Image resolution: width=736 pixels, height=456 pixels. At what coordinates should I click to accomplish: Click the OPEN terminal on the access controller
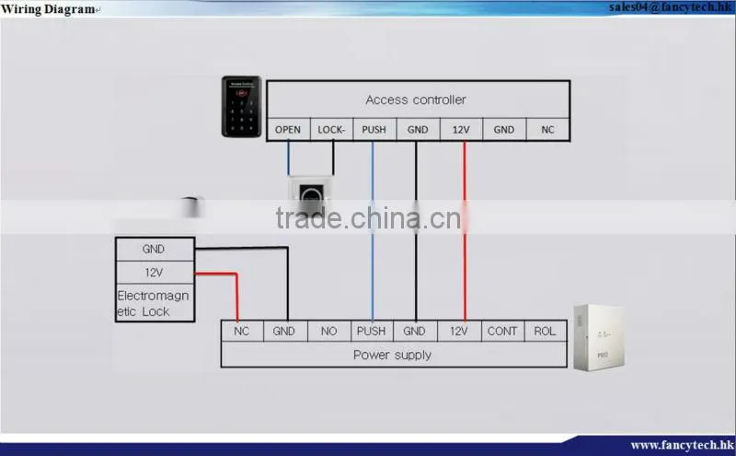pyautogui.click(x=288, y=129)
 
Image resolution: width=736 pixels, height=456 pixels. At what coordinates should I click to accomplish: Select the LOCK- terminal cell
pyautogui.click(x=331, y=129)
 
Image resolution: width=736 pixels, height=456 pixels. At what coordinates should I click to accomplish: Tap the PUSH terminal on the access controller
pyautogui.click(x=374, y=129)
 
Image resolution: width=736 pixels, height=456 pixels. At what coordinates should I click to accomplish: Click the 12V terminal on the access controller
pyautogui.click(x=461, y=129)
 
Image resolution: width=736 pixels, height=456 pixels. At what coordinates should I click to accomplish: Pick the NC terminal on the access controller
pyautogui.click(x=547, y=129)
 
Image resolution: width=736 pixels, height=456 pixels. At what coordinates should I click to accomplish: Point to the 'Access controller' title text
pyautogui.click(x=416, y=99)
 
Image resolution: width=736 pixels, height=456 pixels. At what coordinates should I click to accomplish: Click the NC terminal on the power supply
pyautogui.click(x=242, y=331)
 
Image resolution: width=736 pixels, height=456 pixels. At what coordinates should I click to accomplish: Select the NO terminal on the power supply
pyautogui.click(x=329, y=331)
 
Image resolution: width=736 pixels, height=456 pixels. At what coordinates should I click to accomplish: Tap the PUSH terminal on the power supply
pyautogui.click(x=372, y=331)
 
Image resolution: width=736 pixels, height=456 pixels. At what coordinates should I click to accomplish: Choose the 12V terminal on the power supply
pyautogui.click(x=459, y=331)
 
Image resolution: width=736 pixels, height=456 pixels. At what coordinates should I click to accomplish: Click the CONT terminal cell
pyautogui.click(x=502, y=331)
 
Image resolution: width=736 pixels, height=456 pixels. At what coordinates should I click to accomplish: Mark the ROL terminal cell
pyautogui.click(x=545, y=331)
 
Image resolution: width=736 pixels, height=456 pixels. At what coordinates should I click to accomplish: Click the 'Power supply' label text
pyautogui.click(x=393, y=355)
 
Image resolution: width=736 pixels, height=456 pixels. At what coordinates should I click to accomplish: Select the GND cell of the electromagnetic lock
pyautogui.click(x=155, y=249)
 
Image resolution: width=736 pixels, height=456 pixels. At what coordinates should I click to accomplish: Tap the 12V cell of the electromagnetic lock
pyautogui.click(x=155, y=272)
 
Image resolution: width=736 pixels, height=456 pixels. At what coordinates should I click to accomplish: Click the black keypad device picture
pyautogui.click(x=241, y=107)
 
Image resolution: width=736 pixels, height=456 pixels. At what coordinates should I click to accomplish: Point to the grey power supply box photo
pyautogui.click(x=599, y=337)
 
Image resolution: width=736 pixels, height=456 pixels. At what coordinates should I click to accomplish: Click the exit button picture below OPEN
pyautogui.click(x=311, y=193)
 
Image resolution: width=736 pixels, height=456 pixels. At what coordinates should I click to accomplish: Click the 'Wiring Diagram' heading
pyautogui.click(x=48, y=9)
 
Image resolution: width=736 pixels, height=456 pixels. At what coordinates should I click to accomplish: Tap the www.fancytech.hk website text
pyautogui.click(x=682, y=445)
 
